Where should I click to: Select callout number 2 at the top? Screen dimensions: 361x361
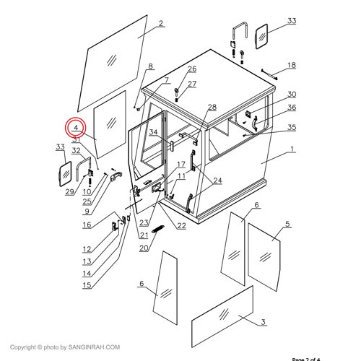[x=160, y=23]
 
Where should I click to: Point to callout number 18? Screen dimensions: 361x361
[x=291, y=65]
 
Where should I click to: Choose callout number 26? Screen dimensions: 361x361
[x=192, y=69]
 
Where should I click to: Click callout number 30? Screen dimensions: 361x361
[x=291, y=95]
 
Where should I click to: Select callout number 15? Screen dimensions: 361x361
[x=87, y=285]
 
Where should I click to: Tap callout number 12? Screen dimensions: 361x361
[x=87, y=249]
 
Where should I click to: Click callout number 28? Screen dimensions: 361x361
[x=212, y=107]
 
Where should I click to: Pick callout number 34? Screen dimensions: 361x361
[x=154, y=132]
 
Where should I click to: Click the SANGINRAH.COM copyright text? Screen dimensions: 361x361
[x=61, y=347]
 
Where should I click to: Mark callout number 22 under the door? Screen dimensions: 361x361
[x=181, y=225]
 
